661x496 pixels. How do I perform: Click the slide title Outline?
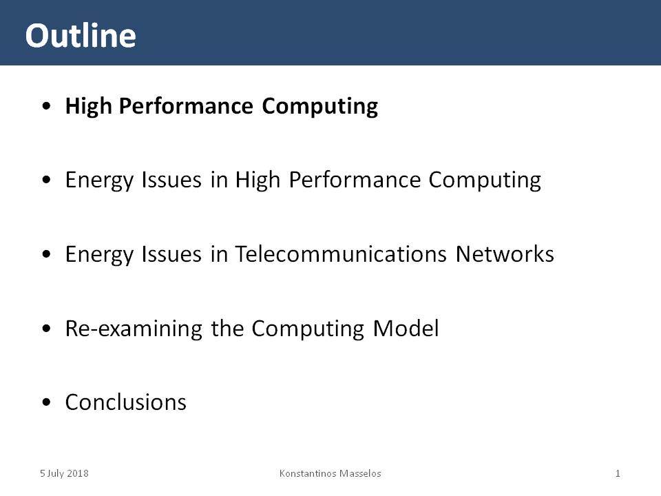[x=81, y=35]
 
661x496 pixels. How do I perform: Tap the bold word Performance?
[x=186, y=106]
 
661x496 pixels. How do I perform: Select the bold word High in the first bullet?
[x=89, y=106]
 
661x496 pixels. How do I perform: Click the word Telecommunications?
[x=341, y=254]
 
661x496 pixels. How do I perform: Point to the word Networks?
[x=505, y=254]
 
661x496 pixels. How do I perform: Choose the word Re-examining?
[x=134, y=329]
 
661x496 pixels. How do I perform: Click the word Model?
[x=406, y=328]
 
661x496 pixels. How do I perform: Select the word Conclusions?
[x=125, y=402]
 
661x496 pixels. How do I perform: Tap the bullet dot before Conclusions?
[x=46, y=402]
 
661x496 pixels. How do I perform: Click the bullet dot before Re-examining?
[x=46, y=329]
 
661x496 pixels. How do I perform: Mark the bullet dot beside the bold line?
[x=46, y=106]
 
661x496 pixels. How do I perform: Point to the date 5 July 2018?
[x=64, y=473]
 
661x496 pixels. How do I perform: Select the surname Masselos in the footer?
[x=360, y=473]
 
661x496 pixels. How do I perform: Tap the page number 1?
[x=618, y=473]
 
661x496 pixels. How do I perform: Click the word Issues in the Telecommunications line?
[x=171, y=254]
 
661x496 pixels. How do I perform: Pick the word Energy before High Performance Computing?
[x=99, y=180]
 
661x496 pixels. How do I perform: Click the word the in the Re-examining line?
[x=227, y=328]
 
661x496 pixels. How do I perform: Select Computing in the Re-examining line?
[x=308, y=329]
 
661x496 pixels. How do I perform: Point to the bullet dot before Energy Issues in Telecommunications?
[x=46, y=254]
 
